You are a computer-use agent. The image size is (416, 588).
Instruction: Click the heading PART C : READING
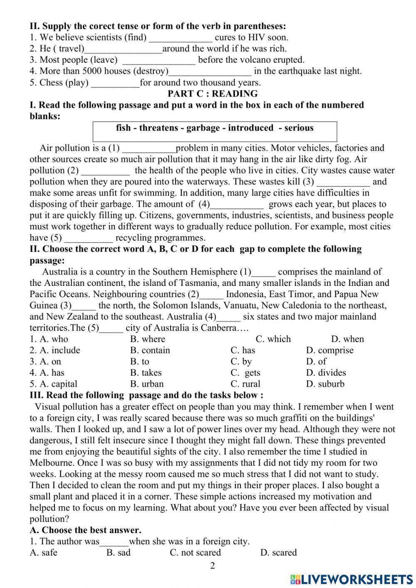coord(212,94)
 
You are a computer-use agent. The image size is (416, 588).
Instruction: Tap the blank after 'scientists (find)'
coord(181,38)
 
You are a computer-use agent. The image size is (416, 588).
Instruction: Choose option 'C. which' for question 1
coord(273,339)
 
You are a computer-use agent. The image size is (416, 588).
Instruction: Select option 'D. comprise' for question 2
coord(329,350)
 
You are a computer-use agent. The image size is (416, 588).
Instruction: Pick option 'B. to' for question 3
coord(139,362)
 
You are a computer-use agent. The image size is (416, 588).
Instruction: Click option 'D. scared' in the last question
coord(278,553)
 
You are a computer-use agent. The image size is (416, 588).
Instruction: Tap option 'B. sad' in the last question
coord(118,553)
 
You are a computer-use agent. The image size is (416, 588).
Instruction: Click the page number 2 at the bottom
coord(212,566)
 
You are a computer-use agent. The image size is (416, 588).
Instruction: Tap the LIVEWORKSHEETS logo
coord(352,579)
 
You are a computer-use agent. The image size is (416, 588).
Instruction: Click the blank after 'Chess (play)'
coord(115,83)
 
